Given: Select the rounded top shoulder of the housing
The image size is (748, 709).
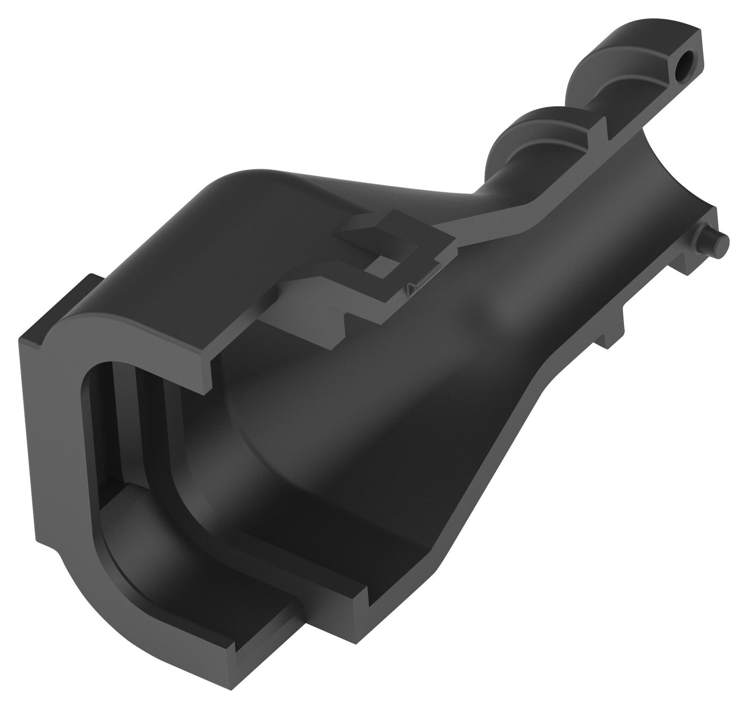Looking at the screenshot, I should click(x=243, y=196).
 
